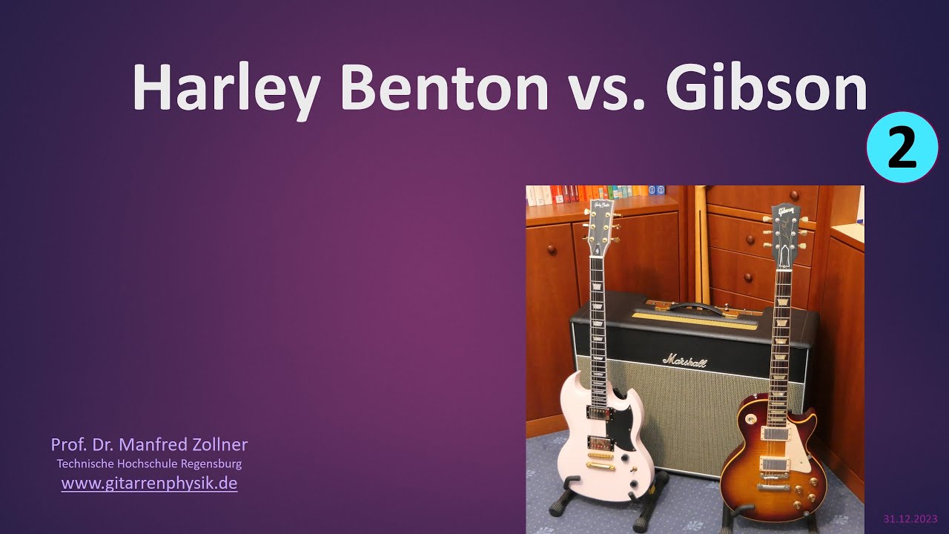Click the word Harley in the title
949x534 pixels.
tap(226, 90)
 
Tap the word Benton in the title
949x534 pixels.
tap(444, 88)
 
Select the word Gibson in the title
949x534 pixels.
tap(767, 87)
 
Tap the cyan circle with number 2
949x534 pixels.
tap(902, 147)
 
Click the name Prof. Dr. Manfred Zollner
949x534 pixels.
tap(149, 444)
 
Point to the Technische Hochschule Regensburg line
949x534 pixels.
tap(149, 464)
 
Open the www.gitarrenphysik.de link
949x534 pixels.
tap(149, 483)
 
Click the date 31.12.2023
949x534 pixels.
tap(910, 518)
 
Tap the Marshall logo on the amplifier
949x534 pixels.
tap(684, 360)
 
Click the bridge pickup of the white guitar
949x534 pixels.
tap(601, 444)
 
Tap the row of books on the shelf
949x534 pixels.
tap(595, 194)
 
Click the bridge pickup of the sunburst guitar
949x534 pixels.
tap(774, 464)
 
